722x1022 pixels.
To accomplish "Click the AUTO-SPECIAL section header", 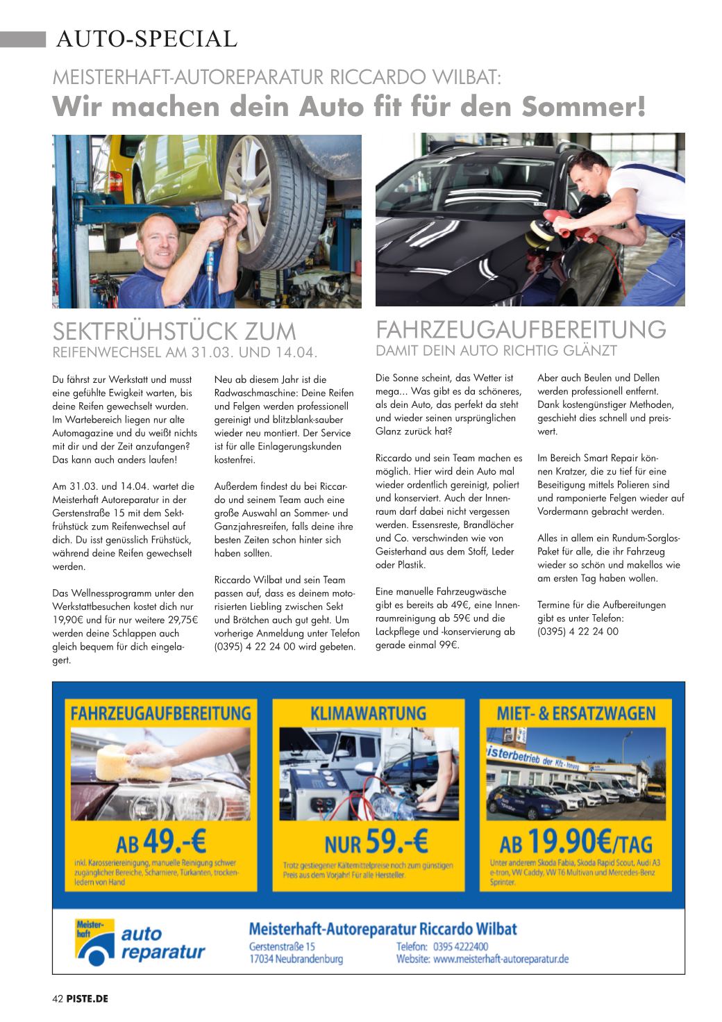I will (146, 39).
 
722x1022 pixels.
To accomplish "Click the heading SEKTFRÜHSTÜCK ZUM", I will (174, 331).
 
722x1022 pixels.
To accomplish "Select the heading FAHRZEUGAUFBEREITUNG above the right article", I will (521, 328).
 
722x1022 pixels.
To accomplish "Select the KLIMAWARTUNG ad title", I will (369, 714).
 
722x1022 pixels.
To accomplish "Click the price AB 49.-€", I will (161, 843).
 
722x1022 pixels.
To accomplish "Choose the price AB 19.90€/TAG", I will (576, 843).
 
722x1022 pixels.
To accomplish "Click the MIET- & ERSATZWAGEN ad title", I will (576, 714).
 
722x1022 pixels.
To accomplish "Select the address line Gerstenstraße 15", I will (282, 946).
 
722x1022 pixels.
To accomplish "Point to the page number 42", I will (58, 999).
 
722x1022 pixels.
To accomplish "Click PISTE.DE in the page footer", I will (88, 999).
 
